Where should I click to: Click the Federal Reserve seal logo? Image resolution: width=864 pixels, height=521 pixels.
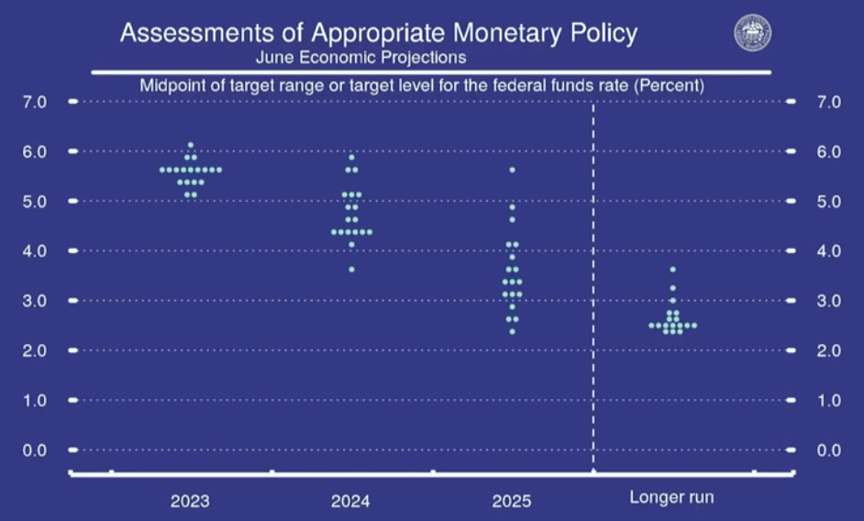point(752,32)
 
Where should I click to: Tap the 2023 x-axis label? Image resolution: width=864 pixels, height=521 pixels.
point(189,501)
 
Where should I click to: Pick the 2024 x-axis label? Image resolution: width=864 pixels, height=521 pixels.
point(350,501)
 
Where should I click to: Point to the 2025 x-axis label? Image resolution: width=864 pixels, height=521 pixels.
point(511,501)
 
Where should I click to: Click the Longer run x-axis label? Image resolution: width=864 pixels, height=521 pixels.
point(671,497)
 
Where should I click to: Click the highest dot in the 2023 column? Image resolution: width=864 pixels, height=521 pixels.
point(190,145)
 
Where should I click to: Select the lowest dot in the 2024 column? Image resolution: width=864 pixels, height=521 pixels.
point(351,269)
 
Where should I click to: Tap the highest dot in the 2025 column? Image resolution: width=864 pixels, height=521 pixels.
point(512,170)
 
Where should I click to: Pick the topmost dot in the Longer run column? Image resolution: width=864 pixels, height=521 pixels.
point(672,269)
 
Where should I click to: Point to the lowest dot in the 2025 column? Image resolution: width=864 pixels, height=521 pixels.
point(512,331)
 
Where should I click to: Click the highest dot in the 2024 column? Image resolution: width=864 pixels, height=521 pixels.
point(351,157)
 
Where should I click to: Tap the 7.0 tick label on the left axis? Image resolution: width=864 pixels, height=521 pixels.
point(34,101)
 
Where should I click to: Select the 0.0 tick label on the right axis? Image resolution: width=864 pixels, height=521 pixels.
point(828,450)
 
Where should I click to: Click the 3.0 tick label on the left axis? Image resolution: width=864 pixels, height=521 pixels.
point(34,301)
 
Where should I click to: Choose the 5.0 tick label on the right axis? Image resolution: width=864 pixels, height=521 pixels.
point(828,201)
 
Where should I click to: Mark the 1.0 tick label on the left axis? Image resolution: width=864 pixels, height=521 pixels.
point(34,401)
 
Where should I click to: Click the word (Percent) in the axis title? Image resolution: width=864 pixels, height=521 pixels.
point(671,85)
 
